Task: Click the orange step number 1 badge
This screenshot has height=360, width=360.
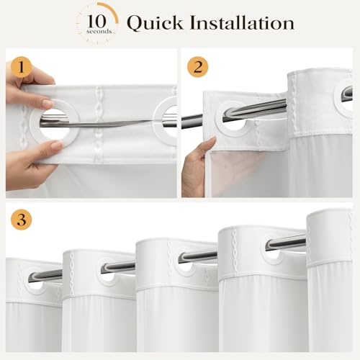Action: [x=22, y=67]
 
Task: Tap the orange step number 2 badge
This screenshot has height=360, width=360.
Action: [x=198, y=67]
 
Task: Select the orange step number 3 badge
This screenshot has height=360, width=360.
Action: [x=22, y=220]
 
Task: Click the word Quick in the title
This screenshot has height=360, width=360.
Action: [x=155, y=23]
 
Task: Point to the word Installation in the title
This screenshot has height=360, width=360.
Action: [x=242, y=23]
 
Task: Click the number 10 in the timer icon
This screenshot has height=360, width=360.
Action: [x=96, y=21]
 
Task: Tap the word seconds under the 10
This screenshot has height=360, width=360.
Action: [x=99, y=32]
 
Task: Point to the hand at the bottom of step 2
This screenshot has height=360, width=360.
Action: [x=195, y=167]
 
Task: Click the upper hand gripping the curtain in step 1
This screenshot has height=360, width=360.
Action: [x=27, y=86]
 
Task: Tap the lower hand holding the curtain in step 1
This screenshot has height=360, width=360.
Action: [x=29, y=163]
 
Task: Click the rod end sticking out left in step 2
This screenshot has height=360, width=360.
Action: [x=192, y=122]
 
